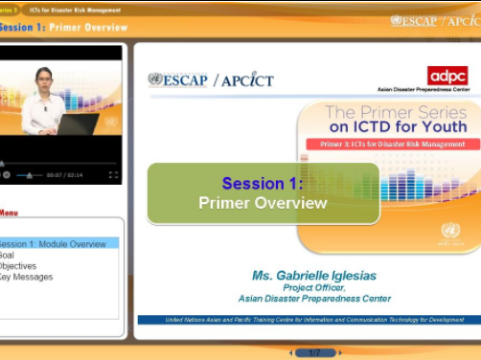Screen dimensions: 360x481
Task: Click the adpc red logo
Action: pyautogui.click(x=447, y=76)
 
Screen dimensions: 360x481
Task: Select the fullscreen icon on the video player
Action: pyautogui.click(x=113, y=175)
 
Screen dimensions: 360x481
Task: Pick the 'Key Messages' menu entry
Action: pyautogui.click(x=26, y=278)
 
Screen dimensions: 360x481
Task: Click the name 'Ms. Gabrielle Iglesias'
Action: pyautogui.click(x=314, y=275)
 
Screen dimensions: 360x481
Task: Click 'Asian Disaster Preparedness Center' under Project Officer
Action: pyautogui.click(x=314, y=299)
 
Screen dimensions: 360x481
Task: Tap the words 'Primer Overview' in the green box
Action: pyautogui.click(x=263, y=203)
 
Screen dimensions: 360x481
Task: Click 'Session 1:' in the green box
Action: pyautogui.click(x=263, y=183)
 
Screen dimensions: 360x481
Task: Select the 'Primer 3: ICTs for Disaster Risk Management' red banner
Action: pyautogui.click(x=392, y=144)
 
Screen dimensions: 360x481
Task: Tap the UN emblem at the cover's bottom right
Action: pyautogui.click(x=450, y=231)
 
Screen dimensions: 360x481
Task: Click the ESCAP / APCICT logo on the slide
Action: pyautogui.click(x=211, y=79)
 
